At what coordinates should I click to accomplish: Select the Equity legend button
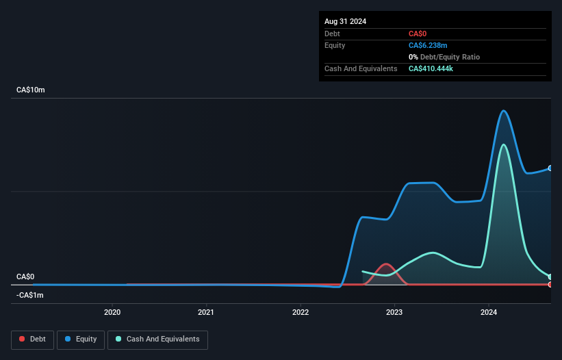[x=81, y=339]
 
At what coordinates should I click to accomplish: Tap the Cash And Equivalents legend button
[x=157, y=339]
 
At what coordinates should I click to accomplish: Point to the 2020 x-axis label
[x=112, y=313]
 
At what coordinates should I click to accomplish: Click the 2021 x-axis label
[x=206, y=313]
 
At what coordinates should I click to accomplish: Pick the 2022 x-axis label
[x=301, y=313]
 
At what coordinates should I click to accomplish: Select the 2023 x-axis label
[x=394, y=313]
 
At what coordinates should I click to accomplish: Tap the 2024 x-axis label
[x=489, y=313]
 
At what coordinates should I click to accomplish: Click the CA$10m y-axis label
[x=30, y=90]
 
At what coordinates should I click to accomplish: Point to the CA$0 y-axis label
[x=25, y=277]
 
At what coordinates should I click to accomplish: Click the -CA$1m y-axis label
[x=30, y=295]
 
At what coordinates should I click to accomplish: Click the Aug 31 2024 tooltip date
[x=345, y=21]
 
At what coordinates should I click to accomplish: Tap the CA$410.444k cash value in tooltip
[x=435, y=68]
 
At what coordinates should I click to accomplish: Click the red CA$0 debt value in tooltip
[x=419, y=34]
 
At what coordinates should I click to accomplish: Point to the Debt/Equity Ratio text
[x=448, y=57]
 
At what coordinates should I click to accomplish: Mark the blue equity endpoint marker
[x=550, y=168]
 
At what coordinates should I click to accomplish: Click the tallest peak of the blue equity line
[x=504, y=111]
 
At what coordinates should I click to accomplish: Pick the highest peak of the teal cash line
[x=504, y=144]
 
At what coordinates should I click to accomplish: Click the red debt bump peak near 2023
[x=387, y=263]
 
